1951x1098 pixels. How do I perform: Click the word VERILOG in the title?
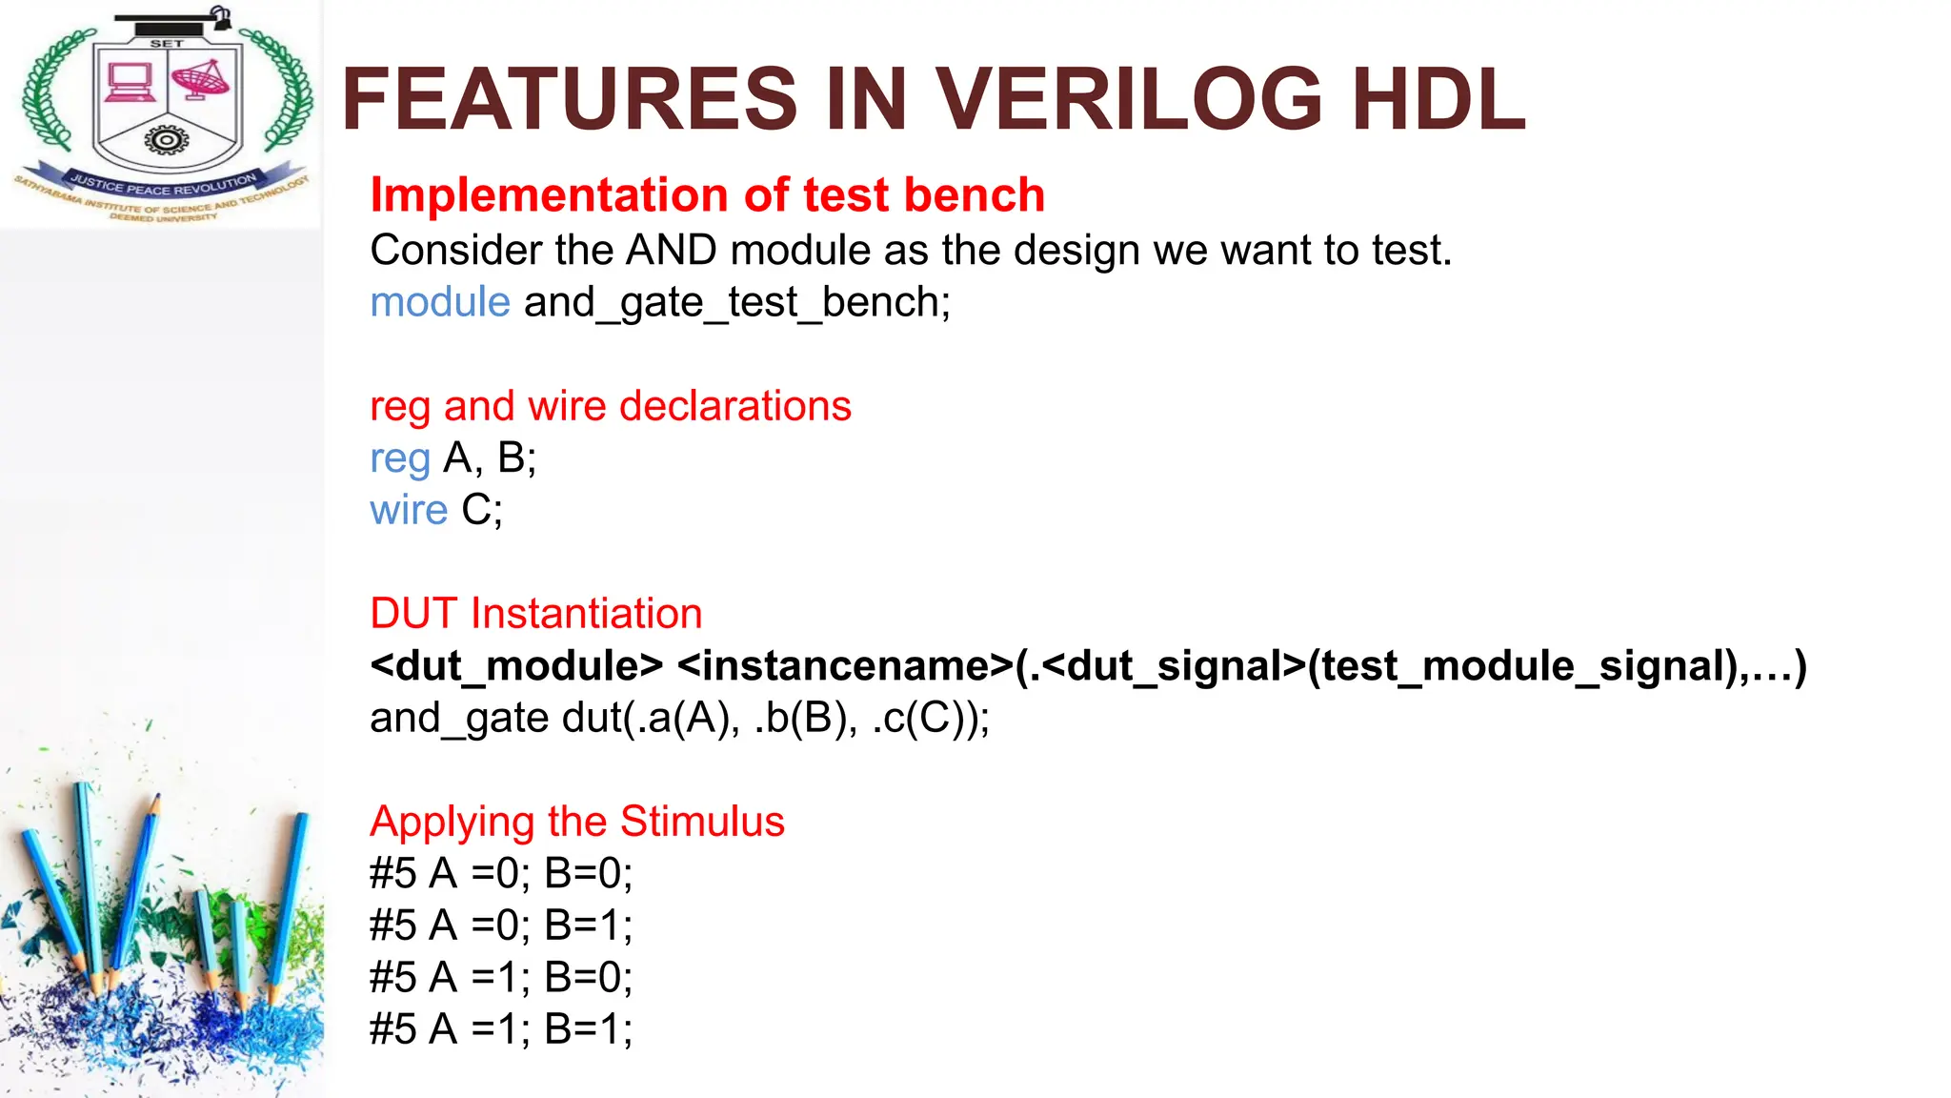(x=1128, y=99)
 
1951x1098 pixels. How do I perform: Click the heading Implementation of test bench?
(x=707, y=195)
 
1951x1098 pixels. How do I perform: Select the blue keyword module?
(x=440, y=303)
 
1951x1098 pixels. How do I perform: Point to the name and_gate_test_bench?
(x=736, y=303)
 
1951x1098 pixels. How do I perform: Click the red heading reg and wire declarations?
(x=610, y=406)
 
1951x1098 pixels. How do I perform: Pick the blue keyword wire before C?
(x=408, y=510)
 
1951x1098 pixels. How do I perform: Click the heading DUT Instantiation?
(x=535, y=614)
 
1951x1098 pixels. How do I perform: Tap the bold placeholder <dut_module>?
(x=515, y=666)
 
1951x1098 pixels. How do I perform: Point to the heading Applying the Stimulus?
(x=576, y=822)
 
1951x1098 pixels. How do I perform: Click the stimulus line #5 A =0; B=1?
(x=500, y=925)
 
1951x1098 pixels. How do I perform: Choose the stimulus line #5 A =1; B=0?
(x=500, y=978)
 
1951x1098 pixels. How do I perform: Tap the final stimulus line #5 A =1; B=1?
(x=500, y=1029)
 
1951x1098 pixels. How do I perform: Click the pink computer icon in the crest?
(x=130, y=83)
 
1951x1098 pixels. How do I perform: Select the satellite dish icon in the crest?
(x=201, y=80)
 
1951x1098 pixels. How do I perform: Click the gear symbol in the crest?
(x=166, y=141)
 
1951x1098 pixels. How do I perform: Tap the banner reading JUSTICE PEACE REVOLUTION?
(x=163, y=184)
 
